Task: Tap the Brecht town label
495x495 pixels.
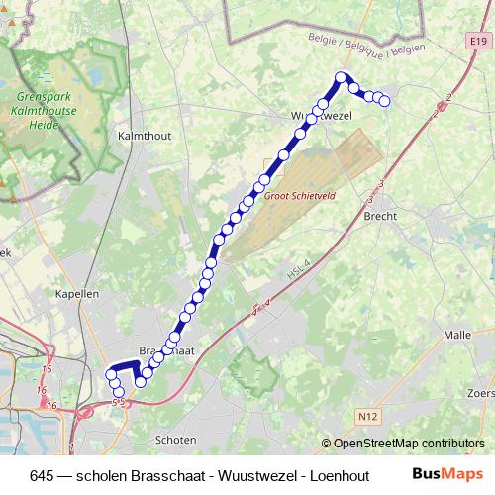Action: (x=381, y=215)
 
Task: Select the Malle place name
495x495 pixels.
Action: (x=457, y=335)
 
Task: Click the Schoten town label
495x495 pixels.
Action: (x=175, y=439)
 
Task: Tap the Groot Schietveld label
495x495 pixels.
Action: (x=301, y=196)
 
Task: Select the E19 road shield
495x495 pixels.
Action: (x=478, y=42)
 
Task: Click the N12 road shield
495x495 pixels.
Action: (x=369, y=417)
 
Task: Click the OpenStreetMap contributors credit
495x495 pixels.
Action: (x=409, y=443)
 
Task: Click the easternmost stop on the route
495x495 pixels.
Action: (x=385, y=100)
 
